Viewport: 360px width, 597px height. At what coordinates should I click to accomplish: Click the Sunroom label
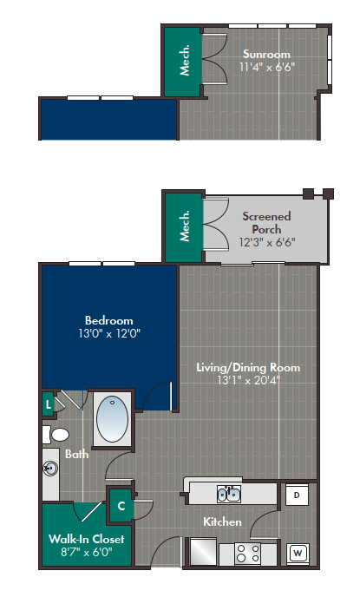pyautogui.click(x=265, y=54)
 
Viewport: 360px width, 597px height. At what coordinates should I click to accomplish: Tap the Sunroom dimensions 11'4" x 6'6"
pyautogui.click(x=265, y=67)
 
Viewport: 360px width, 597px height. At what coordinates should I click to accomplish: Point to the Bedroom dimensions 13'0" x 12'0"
pyautogui.click(x=108, y=331)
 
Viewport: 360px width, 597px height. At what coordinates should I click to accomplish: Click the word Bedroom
pyautogui.click(x=108, y=318)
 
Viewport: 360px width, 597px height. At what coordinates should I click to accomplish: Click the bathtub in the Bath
pyautogui.click(x=113, y=419)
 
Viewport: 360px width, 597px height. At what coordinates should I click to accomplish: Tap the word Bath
pyautogui.click(x=77, y=454)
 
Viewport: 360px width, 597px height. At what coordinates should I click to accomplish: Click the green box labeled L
pyautogui.click(x=48, y=403)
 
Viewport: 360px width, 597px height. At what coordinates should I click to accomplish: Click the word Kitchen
pyautogui.click(x=221, y=522)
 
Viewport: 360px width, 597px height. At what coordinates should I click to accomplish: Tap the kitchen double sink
pyautogui.click(x=228, y=495)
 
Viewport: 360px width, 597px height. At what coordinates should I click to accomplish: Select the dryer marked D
pyautogui.click(x=296, y=495)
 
